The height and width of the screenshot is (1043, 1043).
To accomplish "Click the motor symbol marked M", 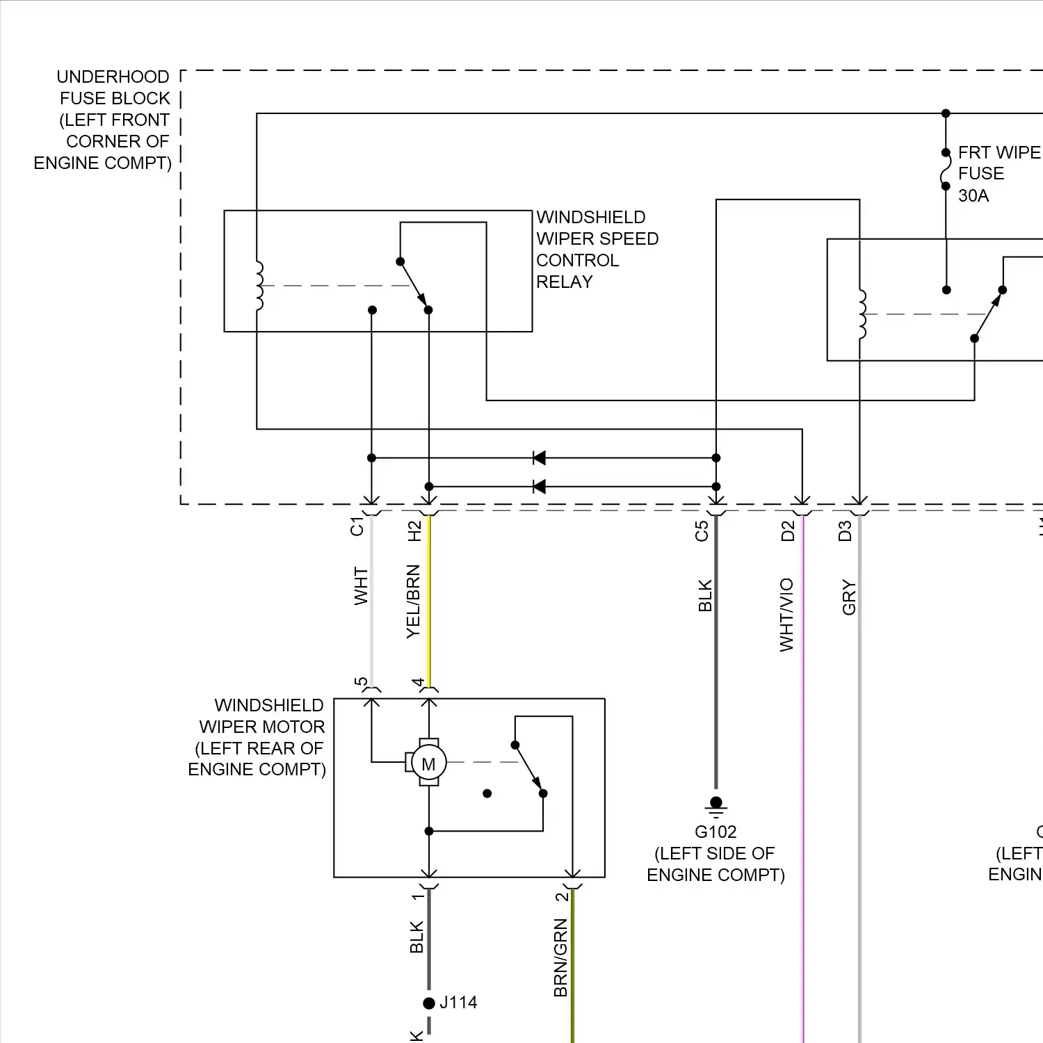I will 428,763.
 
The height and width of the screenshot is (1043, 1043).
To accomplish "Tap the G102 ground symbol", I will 715,806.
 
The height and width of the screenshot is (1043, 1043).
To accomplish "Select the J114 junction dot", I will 429,1003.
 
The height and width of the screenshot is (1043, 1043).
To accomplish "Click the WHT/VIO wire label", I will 786,615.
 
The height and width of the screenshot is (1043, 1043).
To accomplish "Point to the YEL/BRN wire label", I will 413,601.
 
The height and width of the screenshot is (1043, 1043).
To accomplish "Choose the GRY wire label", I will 848,597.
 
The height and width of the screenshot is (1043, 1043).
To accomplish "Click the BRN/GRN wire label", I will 560,957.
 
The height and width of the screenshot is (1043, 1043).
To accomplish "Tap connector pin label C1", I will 357,526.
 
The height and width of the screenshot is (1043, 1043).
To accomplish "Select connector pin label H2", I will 414,531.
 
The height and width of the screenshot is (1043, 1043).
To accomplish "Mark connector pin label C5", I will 702,531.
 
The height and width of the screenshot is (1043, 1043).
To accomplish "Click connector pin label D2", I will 787,531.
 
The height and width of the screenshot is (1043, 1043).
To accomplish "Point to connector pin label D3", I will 845,531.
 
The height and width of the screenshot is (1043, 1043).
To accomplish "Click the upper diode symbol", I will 538,458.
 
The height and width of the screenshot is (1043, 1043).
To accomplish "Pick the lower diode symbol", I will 538,487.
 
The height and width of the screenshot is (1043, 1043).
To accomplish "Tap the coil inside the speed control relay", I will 259,286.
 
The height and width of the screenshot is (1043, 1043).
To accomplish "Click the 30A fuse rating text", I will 973,196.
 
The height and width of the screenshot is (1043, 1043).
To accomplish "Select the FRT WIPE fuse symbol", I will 946,169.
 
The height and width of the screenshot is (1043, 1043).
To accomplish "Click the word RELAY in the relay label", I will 564,282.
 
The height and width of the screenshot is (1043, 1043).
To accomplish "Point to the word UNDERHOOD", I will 113,76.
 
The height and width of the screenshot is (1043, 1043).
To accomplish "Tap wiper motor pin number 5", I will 360,681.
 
